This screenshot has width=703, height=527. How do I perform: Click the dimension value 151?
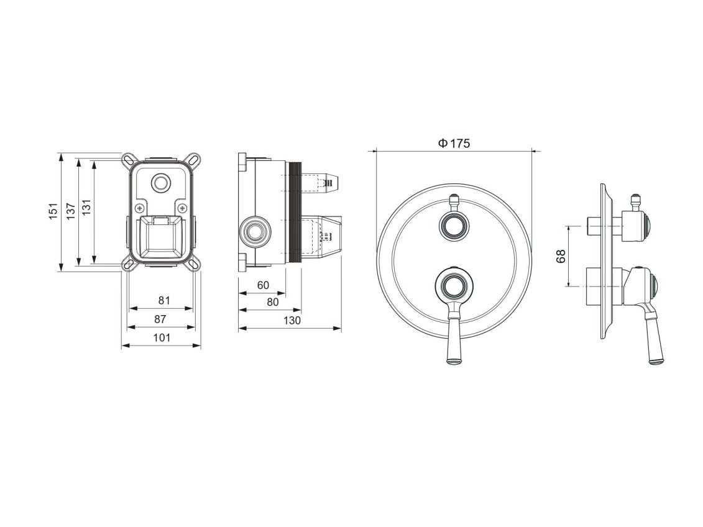(x=54, y=211)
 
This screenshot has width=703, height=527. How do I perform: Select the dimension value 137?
(x=71, y=211)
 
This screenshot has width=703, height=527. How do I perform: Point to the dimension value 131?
(x=86, y=208)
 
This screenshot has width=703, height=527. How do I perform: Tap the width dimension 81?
(x=165, y=300)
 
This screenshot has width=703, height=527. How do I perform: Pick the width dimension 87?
(x=160, y=319)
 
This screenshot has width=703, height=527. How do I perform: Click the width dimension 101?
(x=162, y=337)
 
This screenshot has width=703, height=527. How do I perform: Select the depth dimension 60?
(x=263, y=285)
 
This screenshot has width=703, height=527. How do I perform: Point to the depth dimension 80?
(x=273, y=302)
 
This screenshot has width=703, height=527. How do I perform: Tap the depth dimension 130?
(x=292, y=321)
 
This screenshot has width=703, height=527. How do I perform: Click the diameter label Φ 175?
(x=454, y=144)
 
